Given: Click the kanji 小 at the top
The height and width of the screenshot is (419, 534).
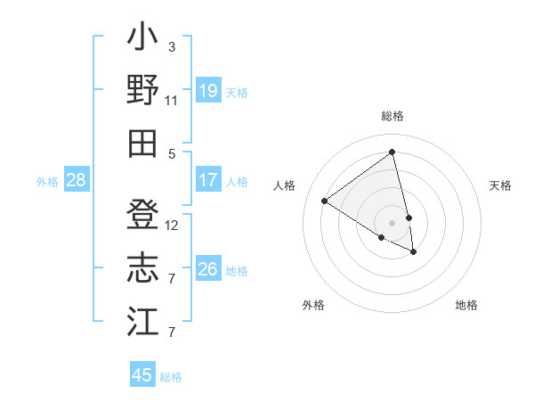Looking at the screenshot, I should (142, 39).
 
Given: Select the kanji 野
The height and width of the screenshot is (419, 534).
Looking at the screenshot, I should (142, 90).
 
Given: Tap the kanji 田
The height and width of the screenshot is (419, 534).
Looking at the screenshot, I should (142, 143).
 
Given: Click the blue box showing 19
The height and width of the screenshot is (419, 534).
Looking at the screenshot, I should (208, 91).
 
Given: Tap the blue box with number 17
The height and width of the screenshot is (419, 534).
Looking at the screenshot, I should (208, 180).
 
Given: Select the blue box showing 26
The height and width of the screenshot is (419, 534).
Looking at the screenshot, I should (208, 269).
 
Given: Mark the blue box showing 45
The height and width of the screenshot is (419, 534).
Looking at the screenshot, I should (142, 375).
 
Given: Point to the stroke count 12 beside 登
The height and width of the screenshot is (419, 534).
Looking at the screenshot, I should (172, 226).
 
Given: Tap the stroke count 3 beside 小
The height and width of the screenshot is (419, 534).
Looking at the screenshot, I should (171, 46).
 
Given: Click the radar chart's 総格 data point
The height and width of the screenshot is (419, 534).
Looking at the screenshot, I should (392, 152).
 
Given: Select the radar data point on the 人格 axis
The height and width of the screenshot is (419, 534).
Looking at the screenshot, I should (325, 201).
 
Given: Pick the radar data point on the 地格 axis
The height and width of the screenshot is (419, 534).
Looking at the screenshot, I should (414, 252).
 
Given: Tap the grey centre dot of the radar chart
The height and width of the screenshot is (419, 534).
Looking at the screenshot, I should (392, 221).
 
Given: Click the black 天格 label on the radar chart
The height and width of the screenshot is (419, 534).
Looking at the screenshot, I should (500, 185).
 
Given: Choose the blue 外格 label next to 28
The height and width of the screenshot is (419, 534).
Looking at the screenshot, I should (47, 182).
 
